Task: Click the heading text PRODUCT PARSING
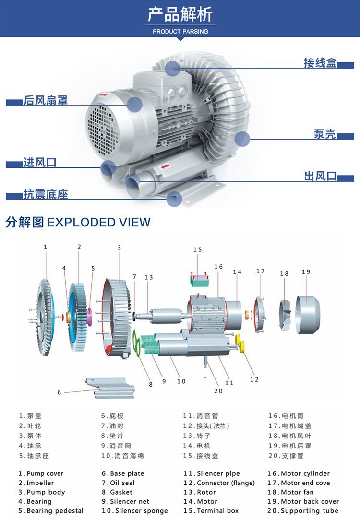click(x=180, y=32)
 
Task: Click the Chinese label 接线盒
click(x=320, y=62)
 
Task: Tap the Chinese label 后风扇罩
click(x=46, y=100)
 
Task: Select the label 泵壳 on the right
click(x=325, y=133)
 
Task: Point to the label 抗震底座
click(x=46, y=194)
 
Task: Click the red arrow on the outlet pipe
click(x=165, y=166)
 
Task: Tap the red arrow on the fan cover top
click(x=104, y=95)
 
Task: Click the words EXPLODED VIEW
click(x=99, y=222)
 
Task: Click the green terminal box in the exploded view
click(x=199, y=280)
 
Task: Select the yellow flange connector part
click(x=240, y=343)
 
